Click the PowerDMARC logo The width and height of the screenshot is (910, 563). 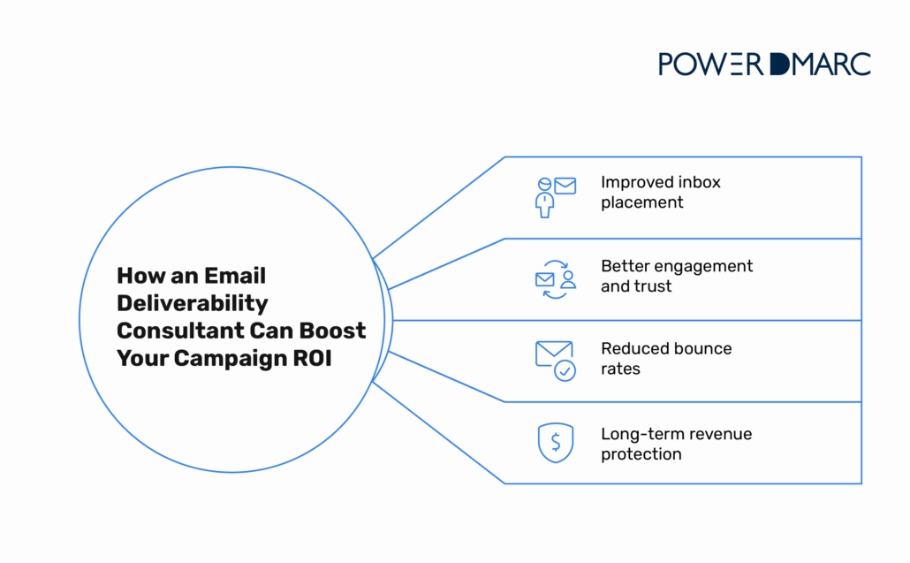tap(764, 64)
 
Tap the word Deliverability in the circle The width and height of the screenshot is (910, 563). tap(193, 303)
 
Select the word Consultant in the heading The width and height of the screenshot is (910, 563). tap(181, 331)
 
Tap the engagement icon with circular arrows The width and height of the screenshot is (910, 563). tap(555, 279)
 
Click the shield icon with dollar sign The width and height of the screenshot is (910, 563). tap(555, 443)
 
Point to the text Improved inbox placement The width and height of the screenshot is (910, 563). tap(660, 192)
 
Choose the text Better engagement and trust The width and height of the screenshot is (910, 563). tap(676, 276)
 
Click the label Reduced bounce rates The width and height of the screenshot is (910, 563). tap(666, 358)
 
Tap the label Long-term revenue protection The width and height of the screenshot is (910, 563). tap(676, 444)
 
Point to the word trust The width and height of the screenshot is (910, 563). tap(653, 286)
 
